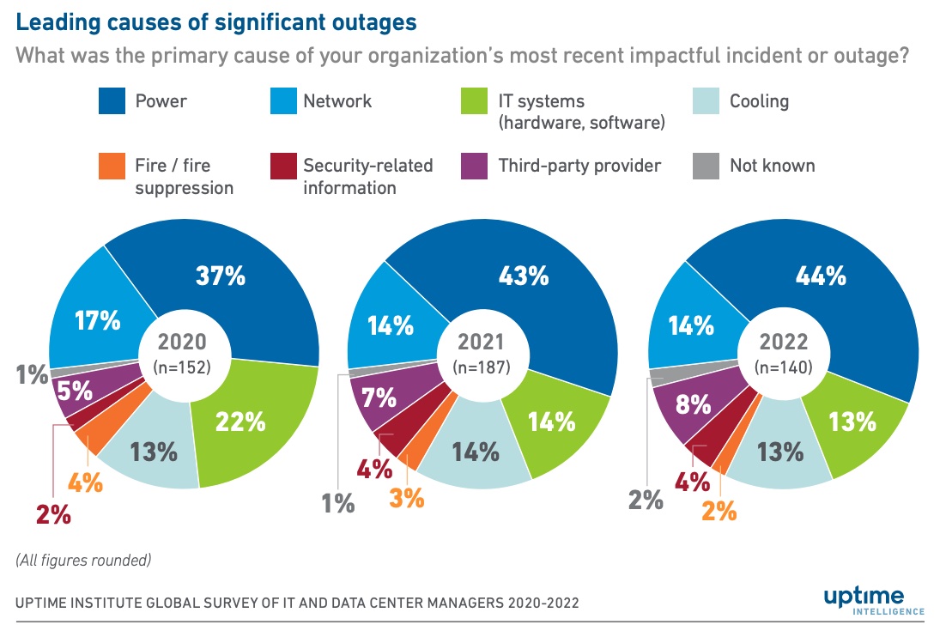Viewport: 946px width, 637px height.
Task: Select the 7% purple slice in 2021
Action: [x=379, y=397]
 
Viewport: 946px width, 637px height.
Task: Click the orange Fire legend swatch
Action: [x=112, y=167]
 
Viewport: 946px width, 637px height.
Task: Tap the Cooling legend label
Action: [x=759, y=101]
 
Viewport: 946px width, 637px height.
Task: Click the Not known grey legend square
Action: [x=706, y=167]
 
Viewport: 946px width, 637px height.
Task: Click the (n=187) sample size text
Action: [x=481, y=367]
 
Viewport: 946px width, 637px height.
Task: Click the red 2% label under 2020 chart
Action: [x=53, y=515]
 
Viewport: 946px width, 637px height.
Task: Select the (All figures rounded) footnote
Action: [x=83, y=561]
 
